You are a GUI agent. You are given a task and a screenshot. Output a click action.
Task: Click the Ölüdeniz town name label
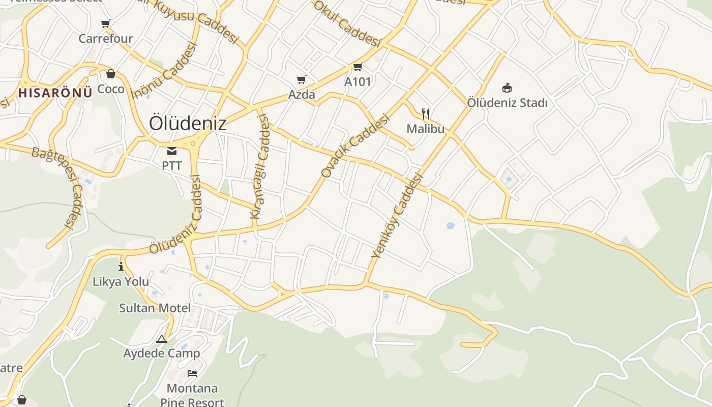point(188,123)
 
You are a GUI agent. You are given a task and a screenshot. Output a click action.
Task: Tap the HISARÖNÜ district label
point(55,93)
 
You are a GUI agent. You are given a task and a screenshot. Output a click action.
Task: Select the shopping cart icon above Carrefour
point(106,23)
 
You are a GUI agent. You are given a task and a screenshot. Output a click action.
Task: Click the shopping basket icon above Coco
point(111,74)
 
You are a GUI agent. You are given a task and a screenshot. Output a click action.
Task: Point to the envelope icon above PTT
point(172,151)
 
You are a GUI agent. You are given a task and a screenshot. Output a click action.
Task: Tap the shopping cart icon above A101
point(358,67)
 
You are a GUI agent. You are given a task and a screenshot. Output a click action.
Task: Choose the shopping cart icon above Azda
point(302,79)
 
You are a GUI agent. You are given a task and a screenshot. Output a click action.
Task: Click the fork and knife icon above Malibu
point(426,113)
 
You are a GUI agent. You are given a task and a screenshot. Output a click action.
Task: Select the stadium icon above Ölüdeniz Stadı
point(507,88)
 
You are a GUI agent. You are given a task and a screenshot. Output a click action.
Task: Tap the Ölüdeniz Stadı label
point(507,103)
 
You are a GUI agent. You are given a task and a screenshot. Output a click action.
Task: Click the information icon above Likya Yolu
point(121,267)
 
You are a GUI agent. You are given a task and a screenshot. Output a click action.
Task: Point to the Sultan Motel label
point(155,308)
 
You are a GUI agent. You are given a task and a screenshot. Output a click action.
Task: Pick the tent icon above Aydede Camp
point(162,339)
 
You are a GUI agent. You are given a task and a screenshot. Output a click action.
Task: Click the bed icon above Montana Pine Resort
point(192,373)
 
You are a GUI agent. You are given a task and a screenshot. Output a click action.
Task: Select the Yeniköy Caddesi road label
point(397,216)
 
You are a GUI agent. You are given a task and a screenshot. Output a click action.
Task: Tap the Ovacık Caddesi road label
point(355,146)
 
